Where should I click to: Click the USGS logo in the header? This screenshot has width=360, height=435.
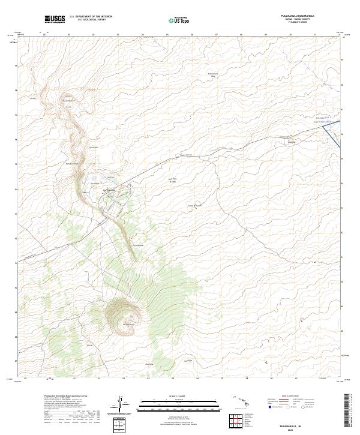[55, 19]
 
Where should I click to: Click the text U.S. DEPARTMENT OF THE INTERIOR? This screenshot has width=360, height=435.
[91, 17]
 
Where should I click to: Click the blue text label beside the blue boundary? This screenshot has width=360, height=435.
[322, 121]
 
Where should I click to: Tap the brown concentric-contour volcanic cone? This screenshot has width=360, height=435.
[125, 313]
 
